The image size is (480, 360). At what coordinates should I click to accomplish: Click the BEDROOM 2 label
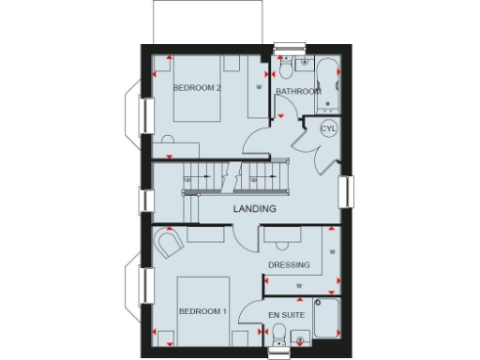pyautogui.click(x=197, y=88)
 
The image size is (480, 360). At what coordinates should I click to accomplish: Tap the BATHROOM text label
pyautogui.click(x=298, y=92)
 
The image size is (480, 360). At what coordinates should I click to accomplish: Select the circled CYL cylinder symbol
pyautogui.click(x=329, y=128)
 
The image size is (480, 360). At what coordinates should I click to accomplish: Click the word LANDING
pyautogui.click(x=254, y=208)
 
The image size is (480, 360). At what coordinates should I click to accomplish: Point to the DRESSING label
pyautogui.click(x=289, y=265)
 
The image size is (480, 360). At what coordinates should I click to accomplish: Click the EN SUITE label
pyautogui.click(x=286, y=315)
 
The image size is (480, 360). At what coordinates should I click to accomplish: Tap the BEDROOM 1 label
pyautogui.click(x=202, y=310)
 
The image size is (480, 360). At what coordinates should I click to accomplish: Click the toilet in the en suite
pyautogui.click(x=278, y=340)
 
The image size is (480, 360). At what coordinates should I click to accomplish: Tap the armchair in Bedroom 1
pyautogui.click(x=169, y=246)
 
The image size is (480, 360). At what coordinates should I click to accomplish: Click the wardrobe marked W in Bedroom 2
pyautogui.click(x=259, y=87)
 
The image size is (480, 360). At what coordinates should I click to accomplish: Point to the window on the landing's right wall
pyautogui.click(x=344, y=191)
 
